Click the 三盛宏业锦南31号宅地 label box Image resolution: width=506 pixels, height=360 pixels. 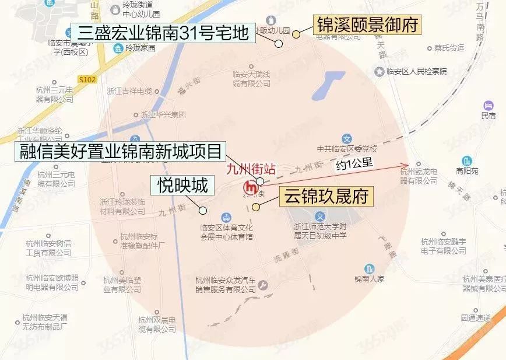pyautogui.click(x=162, y=32)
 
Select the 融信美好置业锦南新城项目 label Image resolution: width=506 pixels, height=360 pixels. pyautogui.click(x=119, y=153)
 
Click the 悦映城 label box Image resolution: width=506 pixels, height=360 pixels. pyautogui.click(x=182, y=186)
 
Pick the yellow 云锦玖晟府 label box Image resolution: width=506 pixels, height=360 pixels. pyautogui.click(x=326, y=197)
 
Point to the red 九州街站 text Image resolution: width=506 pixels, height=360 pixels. pyautogui.click(x=251, y=171)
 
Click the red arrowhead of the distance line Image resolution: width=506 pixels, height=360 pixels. pyautogui.click(x=406, y=166)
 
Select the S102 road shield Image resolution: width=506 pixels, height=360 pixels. pyautogui.click(x=86, y=77)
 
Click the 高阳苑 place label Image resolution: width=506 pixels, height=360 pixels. pyautogui.click(x=467, y=172)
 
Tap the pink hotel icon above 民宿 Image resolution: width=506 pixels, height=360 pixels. pyautogui.click(x=488, y=106)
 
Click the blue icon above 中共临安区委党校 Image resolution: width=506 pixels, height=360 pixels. pyautogui.click(x=346, y=139)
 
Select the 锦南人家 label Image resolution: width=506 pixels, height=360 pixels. pyautogui.click(x=370, y=279)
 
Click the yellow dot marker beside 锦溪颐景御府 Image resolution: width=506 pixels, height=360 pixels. pyautogui.click(x=296, y=34)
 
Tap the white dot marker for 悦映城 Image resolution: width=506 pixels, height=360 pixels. pyautogui.click(x=203, y=210)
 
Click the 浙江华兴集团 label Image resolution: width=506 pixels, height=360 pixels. pyautogui.click(x=163, y=114)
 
